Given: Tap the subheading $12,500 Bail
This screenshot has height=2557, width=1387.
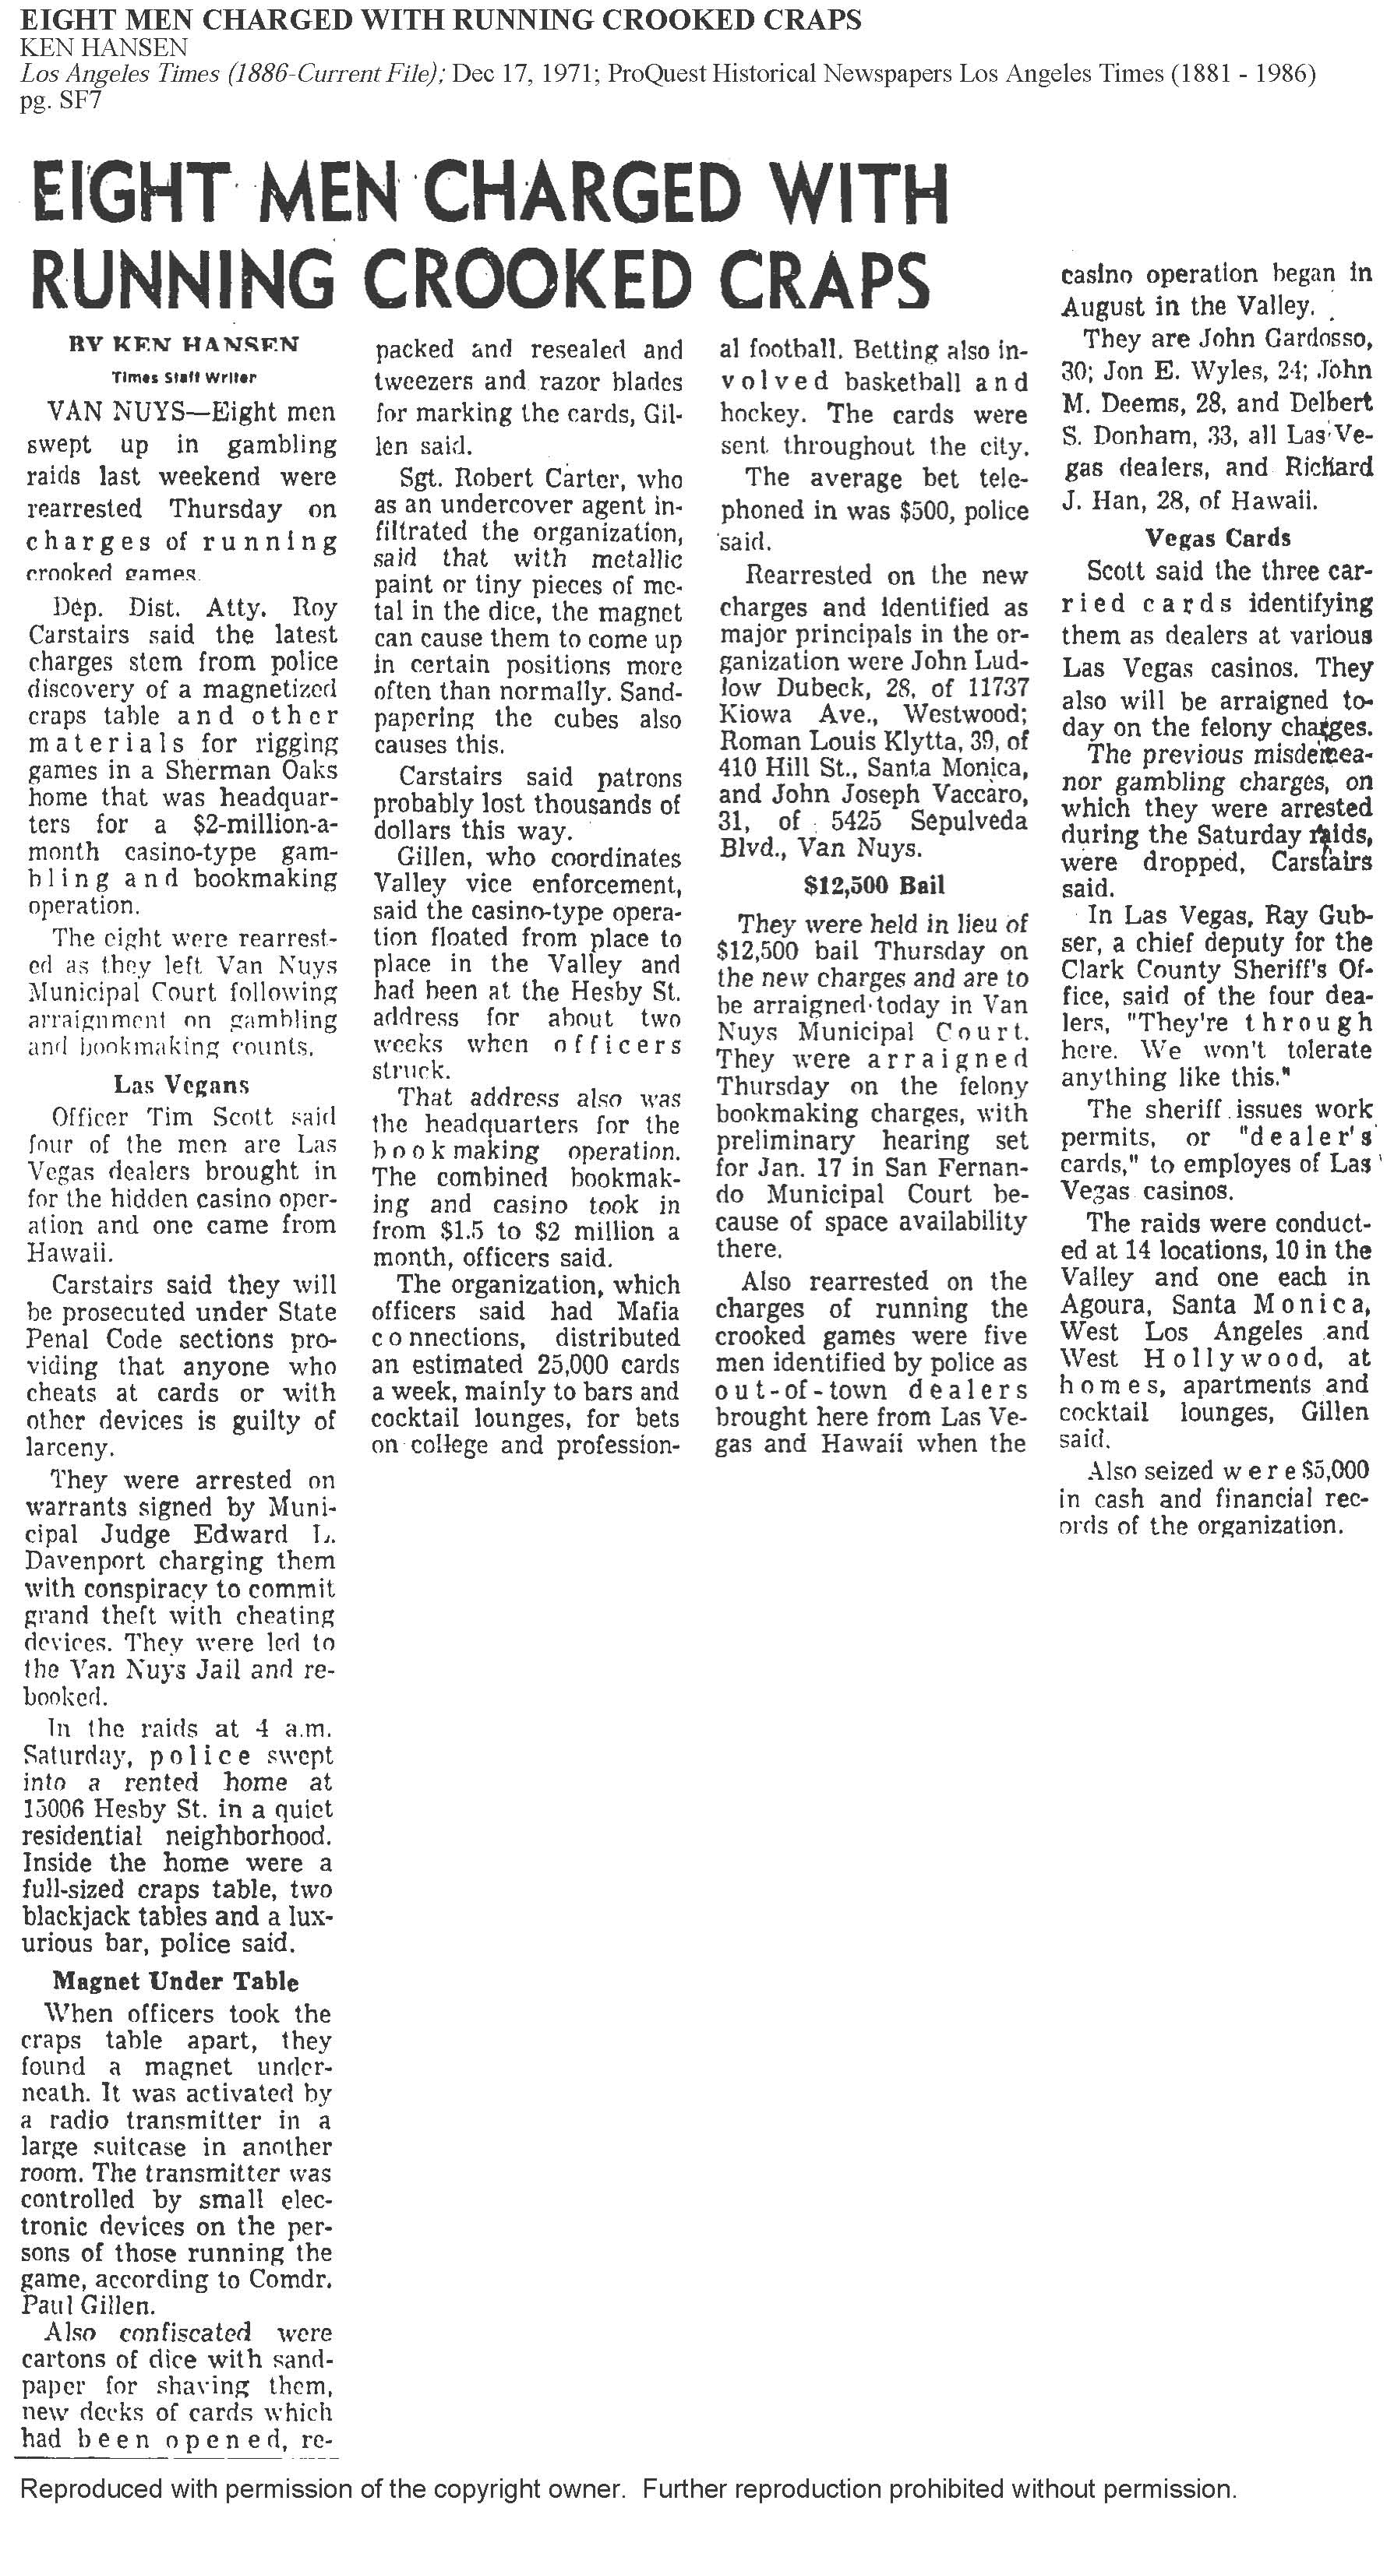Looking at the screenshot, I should click(873, 885).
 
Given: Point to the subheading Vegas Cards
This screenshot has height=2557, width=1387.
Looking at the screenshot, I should click(1217, 538).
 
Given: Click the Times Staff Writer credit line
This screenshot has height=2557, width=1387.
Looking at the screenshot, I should click(184, 377).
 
